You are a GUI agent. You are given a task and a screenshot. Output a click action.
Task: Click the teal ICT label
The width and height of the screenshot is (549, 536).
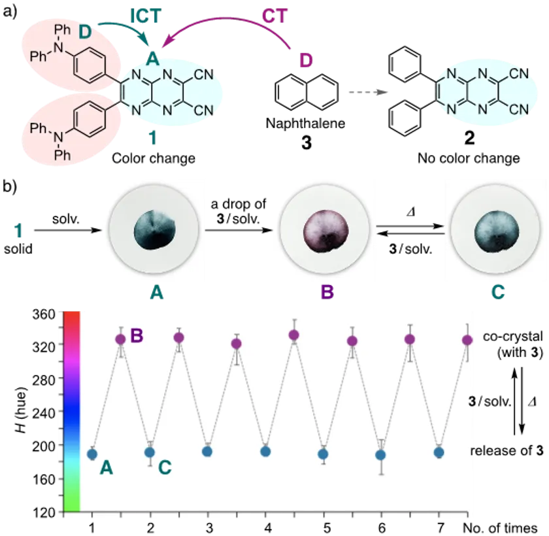point(146,15)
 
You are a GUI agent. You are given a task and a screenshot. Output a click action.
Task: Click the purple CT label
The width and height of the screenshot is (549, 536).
point(274,16)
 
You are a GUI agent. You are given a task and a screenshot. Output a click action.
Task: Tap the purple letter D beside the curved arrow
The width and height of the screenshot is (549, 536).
point(306,61)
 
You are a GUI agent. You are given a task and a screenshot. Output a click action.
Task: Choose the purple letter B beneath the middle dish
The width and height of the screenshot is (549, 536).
point(327,293)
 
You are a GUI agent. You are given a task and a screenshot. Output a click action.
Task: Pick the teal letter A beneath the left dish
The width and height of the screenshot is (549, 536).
point(155,294)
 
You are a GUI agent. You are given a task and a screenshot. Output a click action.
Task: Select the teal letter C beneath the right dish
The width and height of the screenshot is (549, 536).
point(498,293)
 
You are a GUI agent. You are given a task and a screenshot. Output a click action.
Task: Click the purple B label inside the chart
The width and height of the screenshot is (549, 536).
point(137,336)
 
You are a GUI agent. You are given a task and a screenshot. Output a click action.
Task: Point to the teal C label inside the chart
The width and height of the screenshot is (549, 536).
point(165,467)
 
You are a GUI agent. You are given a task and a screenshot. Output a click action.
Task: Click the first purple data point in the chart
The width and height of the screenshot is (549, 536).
point(121,339)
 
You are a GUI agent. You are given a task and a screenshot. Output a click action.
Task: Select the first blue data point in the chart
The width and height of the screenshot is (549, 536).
point(92,454)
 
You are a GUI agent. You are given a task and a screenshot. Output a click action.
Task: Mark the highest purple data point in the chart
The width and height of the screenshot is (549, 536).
point(294,335)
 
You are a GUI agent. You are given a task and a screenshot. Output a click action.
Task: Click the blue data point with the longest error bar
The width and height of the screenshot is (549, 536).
point(380,455)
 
